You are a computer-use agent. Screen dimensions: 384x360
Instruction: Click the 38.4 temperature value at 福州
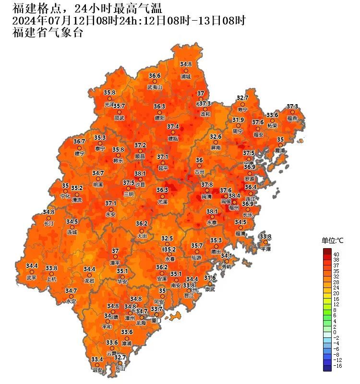[234, 195]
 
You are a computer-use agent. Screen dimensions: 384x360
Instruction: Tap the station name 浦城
[186, 76]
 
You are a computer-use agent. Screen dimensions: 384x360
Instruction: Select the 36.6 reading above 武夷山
[155, 76]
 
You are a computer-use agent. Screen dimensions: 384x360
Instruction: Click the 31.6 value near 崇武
[210, 278]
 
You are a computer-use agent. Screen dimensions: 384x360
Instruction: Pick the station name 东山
[120, 369]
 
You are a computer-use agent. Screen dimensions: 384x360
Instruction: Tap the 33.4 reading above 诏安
[97, 360]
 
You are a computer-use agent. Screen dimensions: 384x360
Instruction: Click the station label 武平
[32, 277]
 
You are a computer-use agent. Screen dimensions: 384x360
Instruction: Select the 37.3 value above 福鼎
[292, 106]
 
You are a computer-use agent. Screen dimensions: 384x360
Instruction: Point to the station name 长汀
[48, 223]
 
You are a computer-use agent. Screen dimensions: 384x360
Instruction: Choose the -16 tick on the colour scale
[337, 366]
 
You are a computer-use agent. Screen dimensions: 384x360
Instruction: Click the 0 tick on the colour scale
[335, 332]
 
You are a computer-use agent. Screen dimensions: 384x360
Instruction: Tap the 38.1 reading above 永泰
[212, 211]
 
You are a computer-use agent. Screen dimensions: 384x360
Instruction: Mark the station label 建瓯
[173, 138]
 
